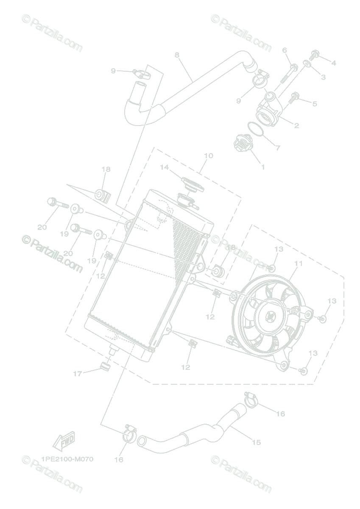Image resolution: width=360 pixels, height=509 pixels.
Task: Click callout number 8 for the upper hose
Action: [177, 55]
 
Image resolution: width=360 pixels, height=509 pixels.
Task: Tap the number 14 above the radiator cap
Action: [165, 168]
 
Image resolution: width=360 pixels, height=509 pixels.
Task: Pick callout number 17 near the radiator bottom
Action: [77, 374]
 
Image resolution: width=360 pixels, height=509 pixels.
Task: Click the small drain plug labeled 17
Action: [105, 365]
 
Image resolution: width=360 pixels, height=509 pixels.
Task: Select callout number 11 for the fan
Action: [299, 263]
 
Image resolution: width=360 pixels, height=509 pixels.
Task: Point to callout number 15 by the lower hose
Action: [256, 442]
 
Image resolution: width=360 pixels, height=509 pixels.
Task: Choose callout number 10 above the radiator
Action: [208, 156]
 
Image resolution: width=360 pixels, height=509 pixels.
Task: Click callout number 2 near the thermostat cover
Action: [296, 126]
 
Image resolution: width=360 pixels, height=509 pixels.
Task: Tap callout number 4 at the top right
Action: [334, 63]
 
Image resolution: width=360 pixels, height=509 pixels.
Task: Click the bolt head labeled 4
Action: [315, 54]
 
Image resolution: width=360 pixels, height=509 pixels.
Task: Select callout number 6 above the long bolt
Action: [285, 50]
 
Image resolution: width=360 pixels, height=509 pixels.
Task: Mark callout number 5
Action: [314, 103]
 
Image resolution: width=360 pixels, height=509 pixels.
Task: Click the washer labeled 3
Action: [307, 65]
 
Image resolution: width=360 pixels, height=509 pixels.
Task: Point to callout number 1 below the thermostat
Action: [262, 167]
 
